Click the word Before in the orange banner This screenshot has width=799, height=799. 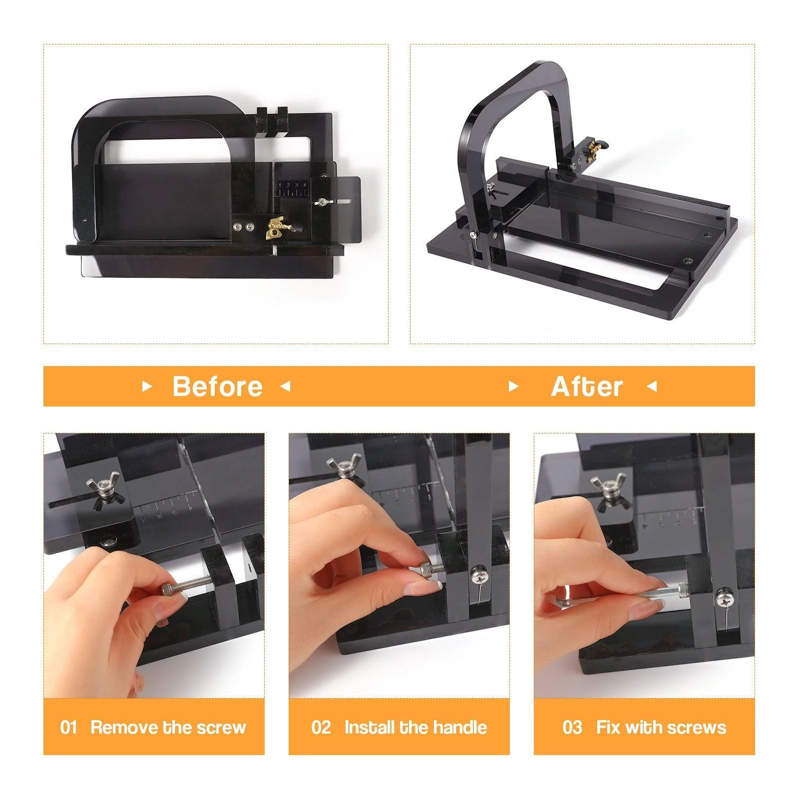(217, 387)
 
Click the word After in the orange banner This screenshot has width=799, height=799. (587, 387)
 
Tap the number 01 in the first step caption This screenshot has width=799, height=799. (68, 727)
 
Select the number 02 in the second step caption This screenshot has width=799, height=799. (321, 727)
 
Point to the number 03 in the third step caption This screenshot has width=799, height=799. (572, 727)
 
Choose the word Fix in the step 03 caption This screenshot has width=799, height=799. (608, 727)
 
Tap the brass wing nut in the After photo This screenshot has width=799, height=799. (594, 147)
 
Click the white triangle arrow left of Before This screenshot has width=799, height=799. (147, 387)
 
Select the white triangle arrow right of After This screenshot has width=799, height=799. (652, 387)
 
